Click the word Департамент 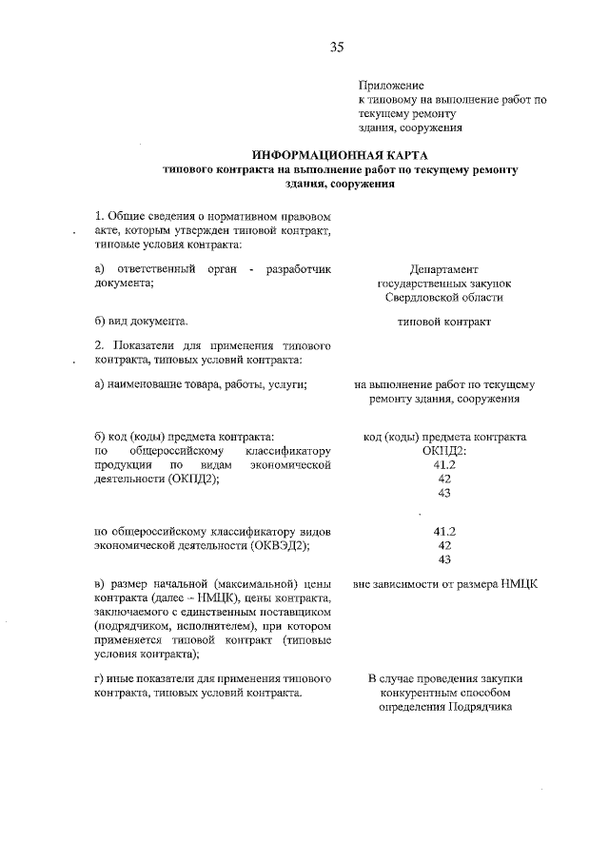click(443, 270)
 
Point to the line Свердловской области click(443, 297)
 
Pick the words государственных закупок click(443, 284)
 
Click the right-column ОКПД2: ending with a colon click(444, 450)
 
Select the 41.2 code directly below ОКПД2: click(444, 464)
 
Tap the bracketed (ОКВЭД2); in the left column click(277, 546)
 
